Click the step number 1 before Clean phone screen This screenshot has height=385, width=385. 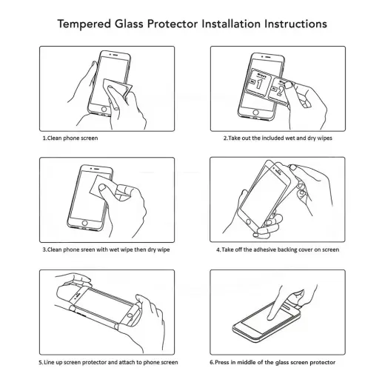pyautogui.click(x=42, y=138)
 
